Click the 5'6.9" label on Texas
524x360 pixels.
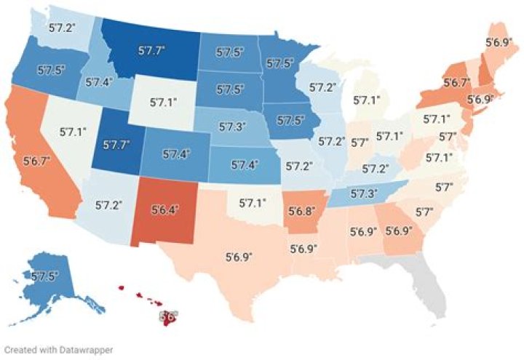click(240, 257)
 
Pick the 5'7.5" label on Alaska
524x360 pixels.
click(45, 276)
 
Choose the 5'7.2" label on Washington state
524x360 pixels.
click(61, 28)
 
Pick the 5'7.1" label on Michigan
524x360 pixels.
click(366, 100)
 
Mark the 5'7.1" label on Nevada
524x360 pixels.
click(73, 132)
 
